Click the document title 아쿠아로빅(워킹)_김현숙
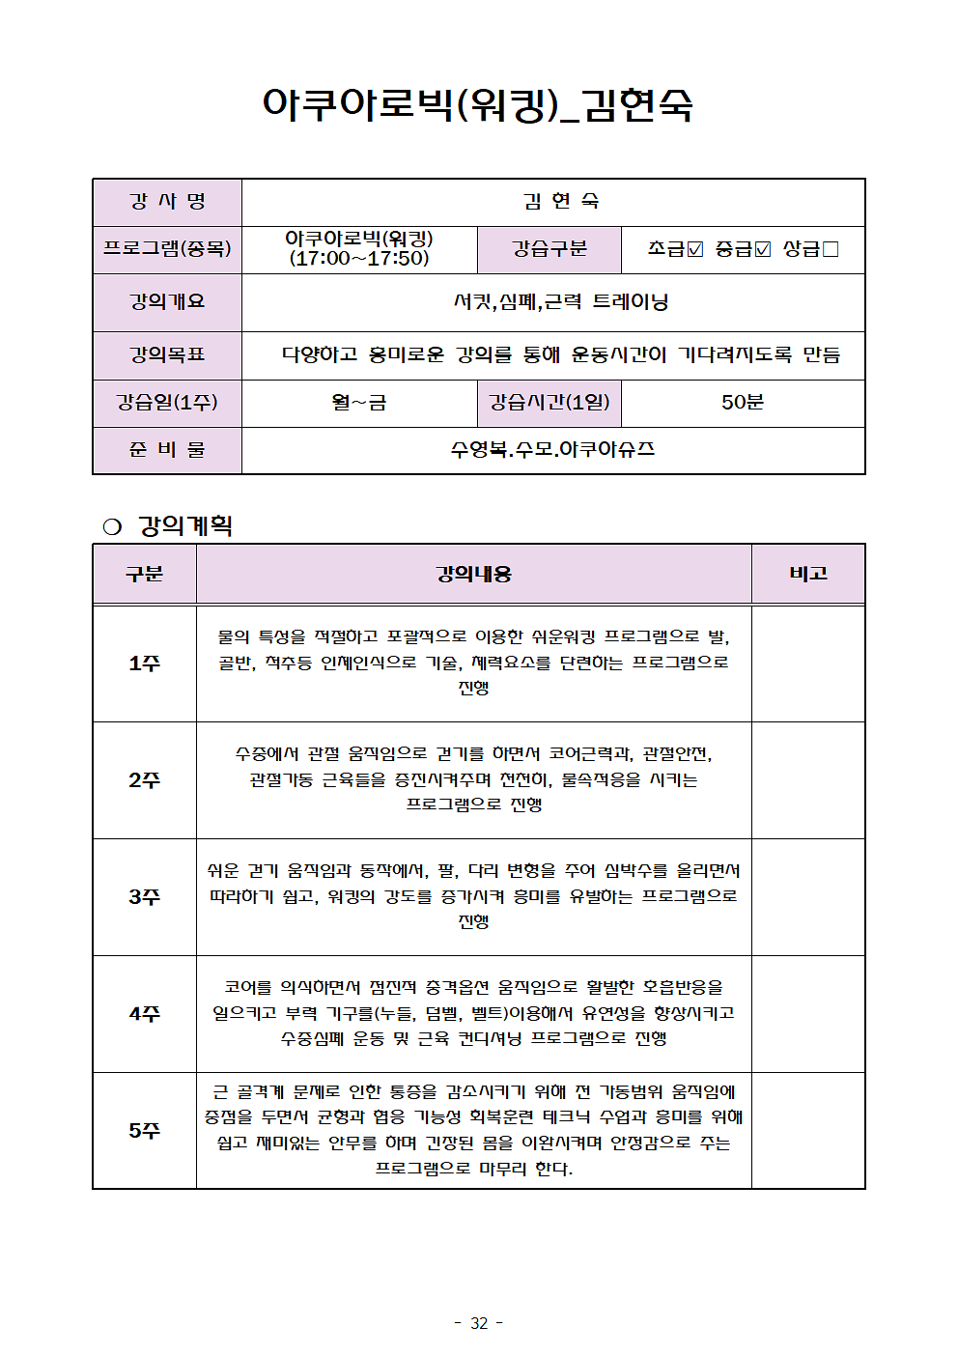click(477, 104)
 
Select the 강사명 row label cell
click(167, 202)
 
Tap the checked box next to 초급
click(695, 249)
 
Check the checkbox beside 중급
click(763, 249)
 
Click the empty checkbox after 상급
click(831, 249)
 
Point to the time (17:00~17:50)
click(359, 259)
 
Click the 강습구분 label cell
click(549, 249)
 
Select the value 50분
click(742, 403)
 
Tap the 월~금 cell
click(359, 403)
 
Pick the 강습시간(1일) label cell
click(549, 403)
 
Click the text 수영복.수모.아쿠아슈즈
click(552, 450)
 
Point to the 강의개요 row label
click(167, 302)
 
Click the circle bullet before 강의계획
click(112, 526)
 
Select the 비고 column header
click(808, 574)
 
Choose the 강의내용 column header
click(473, 574)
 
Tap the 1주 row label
click(144, 663)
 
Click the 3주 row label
click(144, 897)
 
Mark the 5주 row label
click(144, 1130)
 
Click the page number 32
click(479, 1323)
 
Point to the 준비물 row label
click(167, 450)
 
